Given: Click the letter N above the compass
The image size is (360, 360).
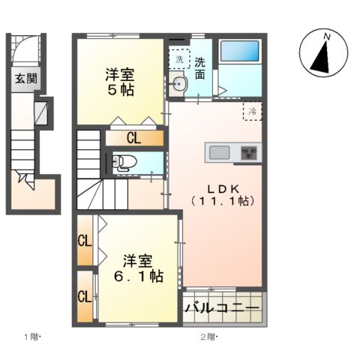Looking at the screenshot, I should tap(326, 35).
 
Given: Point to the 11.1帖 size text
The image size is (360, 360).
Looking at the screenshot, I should tap(222, 201).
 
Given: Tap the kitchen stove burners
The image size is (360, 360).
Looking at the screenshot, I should tap(248, 153).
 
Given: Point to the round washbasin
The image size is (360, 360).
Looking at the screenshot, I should tap(178, 85).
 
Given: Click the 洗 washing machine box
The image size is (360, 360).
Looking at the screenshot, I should tap(179, 58).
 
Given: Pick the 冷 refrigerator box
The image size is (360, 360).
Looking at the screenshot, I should tap(252, 111).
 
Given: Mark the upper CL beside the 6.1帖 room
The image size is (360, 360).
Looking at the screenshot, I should tap(85, 241).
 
